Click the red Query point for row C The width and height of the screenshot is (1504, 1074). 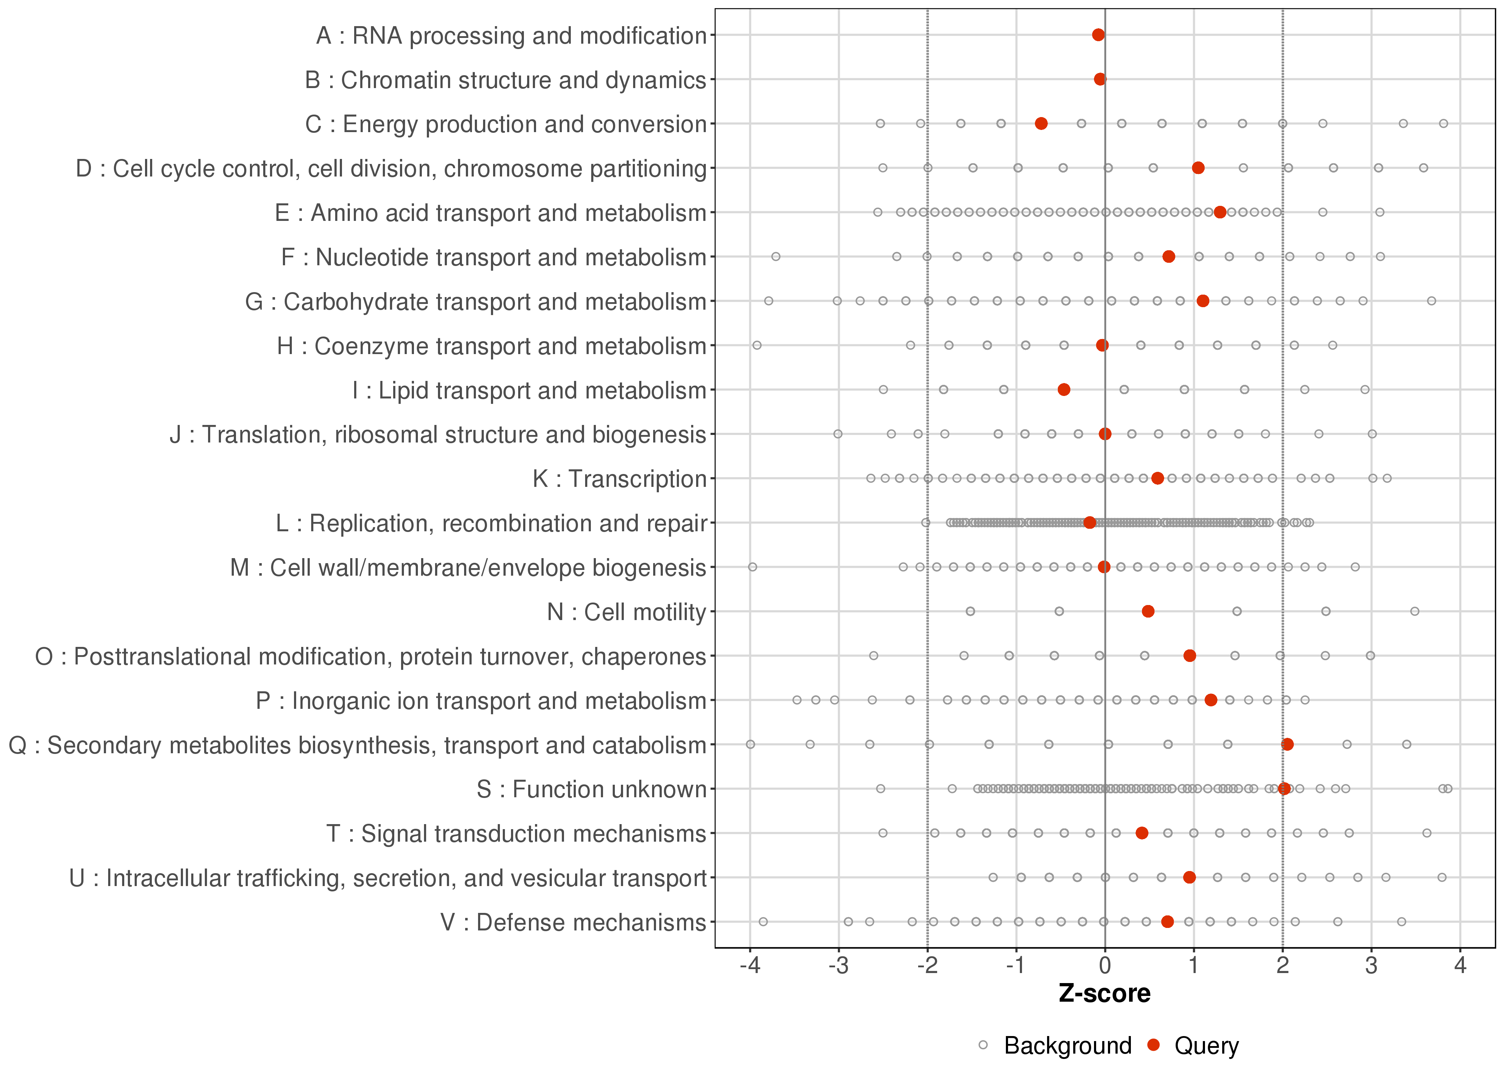coord(1041,124)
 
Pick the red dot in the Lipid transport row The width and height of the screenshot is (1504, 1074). coord(1064,390)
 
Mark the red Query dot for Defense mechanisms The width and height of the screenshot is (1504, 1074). coord(1167,921)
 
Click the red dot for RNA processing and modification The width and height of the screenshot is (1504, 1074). coord(1098,35)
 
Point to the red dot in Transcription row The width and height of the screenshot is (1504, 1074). coord(1157,478)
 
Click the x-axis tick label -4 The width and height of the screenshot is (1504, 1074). coord(749,966)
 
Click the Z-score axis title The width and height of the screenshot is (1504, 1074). coord(1104,993)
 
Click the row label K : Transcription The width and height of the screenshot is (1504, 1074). coord(620,479)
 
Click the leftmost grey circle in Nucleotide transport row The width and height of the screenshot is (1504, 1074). coord(776,257)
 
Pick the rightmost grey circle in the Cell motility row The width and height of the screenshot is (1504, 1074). coord(1415,611)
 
